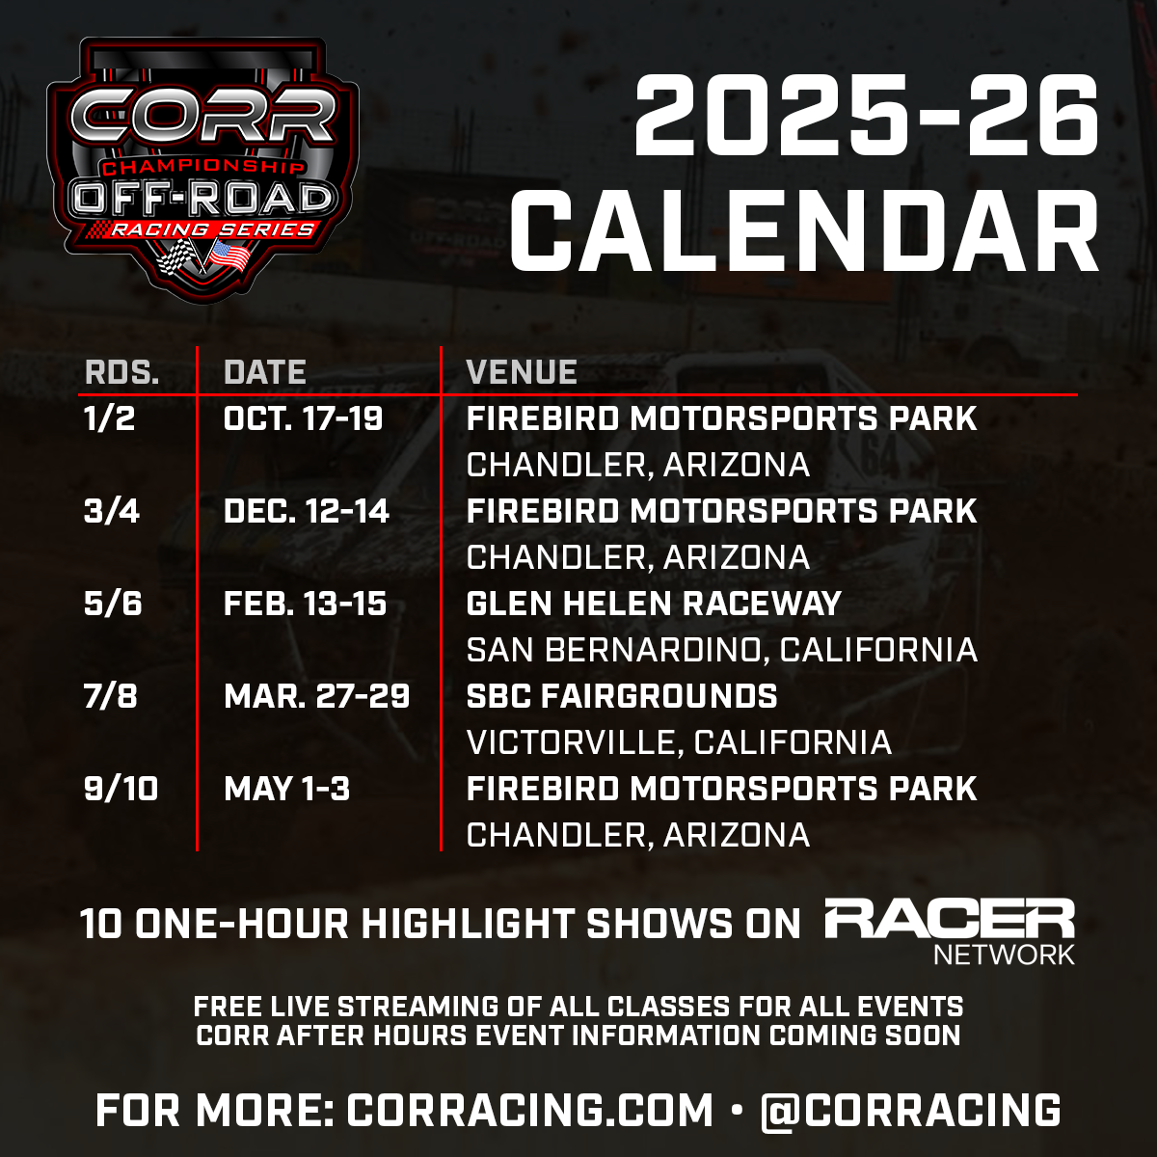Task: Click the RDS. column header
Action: tap(121, 372)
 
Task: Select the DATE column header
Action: tap(264, 372)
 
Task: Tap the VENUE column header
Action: tap(522, 372)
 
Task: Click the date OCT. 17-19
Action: tap(303, 418)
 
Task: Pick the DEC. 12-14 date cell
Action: tap(306, 511)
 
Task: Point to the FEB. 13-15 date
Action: tap(305, 604)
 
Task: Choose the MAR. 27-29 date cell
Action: tap(316, 696)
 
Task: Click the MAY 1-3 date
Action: tap(286, 789)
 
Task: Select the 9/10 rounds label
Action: tap(121, 789)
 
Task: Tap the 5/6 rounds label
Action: tap(112, 604)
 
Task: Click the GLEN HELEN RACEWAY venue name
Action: tap(654, 604)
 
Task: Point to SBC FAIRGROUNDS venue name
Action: tap(622, 696)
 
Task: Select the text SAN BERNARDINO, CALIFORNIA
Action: tap(721, 650)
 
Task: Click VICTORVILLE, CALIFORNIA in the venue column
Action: tap(679, 742)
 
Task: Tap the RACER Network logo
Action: tap(950, 930)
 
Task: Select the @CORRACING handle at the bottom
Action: tap(910, 1110)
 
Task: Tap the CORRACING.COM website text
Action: tap(530, 1110)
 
